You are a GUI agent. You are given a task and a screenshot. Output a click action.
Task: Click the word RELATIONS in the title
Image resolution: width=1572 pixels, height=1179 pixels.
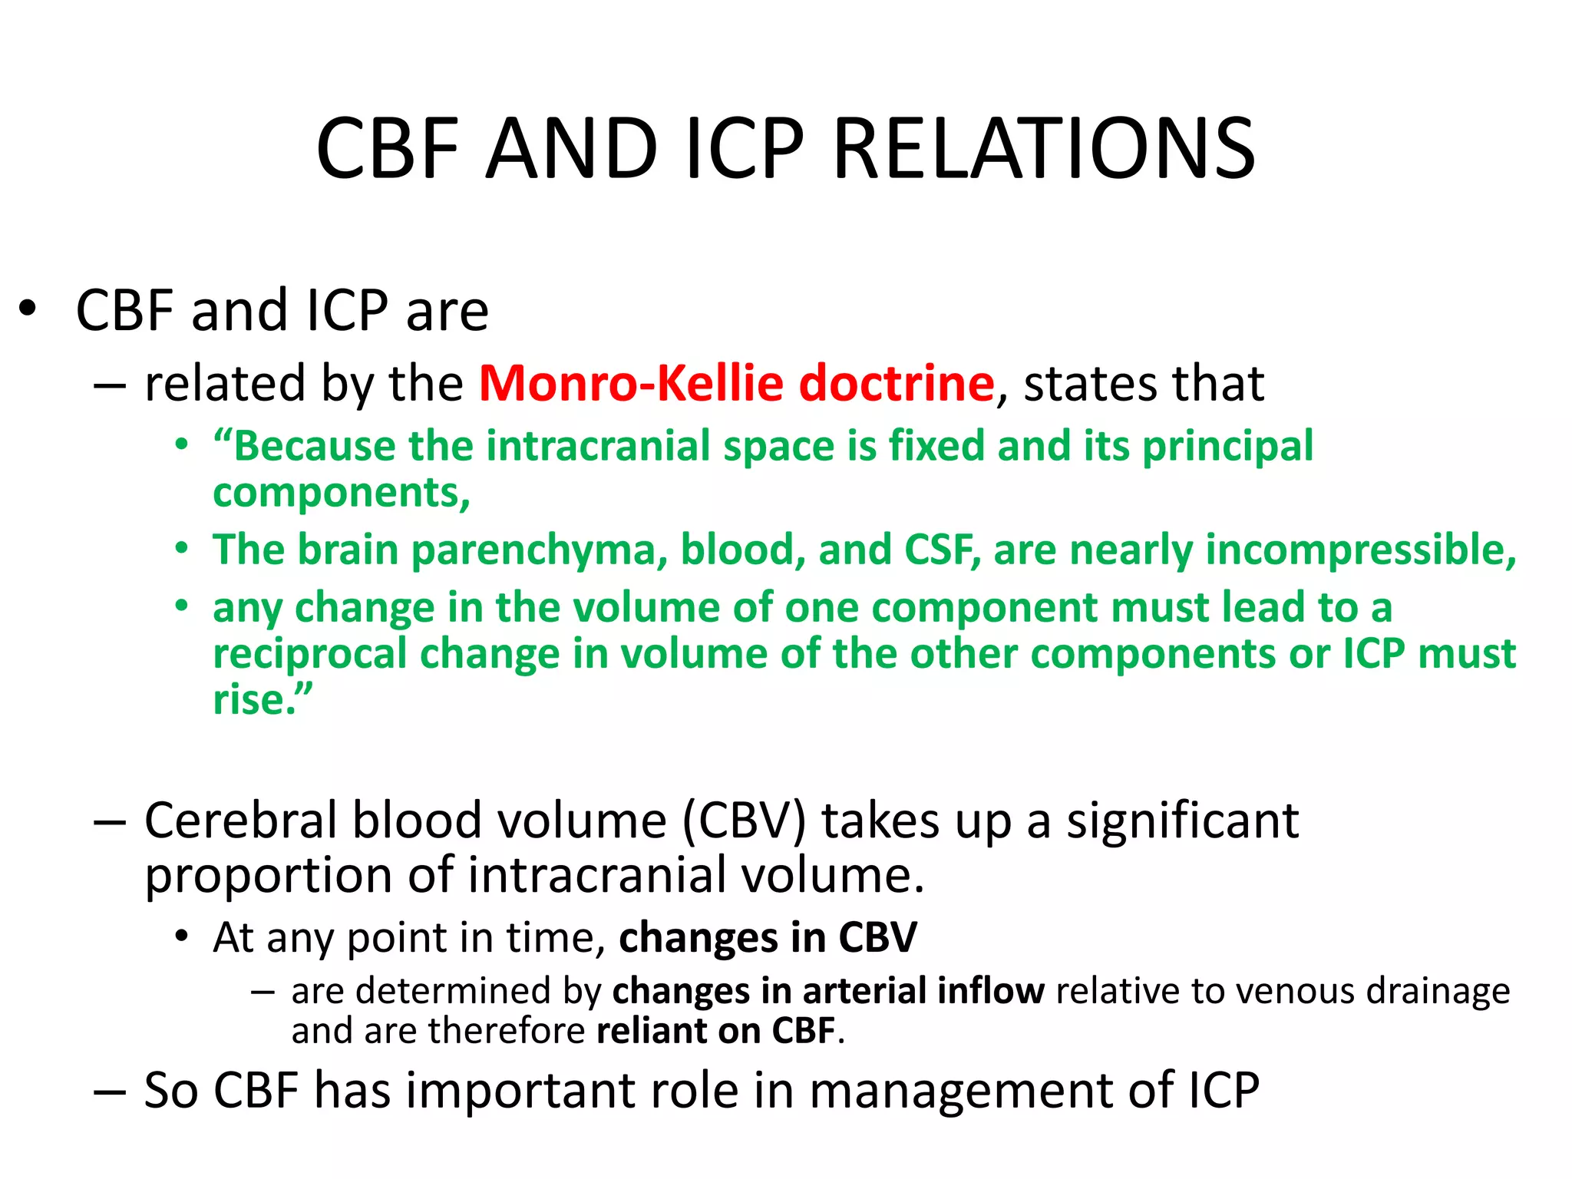click(1044, 149)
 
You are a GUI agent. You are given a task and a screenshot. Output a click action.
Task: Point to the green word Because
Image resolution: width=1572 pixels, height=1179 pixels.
click(315, 446)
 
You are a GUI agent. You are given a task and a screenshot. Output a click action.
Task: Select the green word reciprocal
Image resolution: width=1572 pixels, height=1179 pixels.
click(310, 654)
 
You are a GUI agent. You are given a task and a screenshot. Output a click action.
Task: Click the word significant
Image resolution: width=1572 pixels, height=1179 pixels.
click(1182, 821)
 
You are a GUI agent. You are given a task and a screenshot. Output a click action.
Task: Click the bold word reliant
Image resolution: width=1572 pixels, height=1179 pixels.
click(650, 1031)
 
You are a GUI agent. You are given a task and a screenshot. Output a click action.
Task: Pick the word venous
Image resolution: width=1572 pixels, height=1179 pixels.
click(1270, 991)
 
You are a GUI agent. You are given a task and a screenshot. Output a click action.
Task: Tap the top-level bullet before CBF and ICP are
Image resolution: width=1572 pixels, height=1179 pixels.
click(28, 311)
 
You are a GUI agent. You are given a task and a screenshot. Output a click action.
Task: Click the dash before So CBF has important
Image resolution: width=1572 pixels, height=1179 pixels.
click(109, 1091)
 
